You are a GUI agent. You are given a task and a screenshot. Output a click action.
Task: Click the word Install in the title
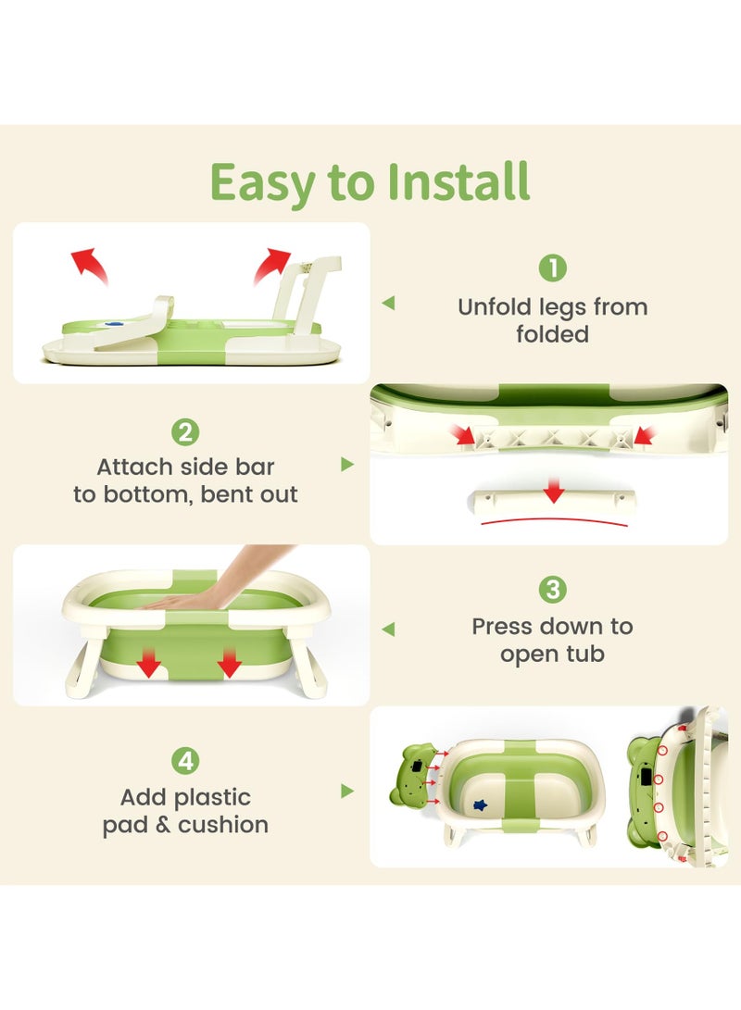coord(458,181)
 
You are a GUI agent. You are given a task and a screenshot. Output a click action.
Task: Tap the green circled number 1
coord(552,268)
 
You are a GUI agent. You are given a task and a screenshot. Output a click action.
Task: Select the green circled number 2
coord(185,432)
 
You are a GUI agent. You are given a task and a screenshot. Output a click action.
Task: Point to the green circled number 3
coord(552,590)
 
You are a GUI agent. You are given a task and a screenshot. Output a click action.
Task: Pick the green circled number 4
coord(185,761)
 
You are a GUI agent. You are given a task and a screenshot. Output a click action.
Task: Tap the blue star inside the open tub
coord(480,804)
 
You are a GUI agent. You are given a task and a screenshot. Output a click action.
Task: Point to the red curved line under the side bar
coord(554,520)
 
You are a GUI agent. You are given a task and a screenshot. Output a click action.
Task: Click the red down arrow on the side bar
coord(554,491)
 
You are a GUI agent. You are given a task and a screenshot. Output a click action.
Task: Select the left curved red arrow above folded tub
coord(88,264)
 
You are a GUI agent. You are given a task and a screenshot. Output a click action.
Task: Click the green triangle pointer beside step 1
coord(388,303)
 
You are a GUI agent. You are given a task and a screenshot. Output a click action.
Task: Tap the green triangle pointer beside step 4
coord(347,791)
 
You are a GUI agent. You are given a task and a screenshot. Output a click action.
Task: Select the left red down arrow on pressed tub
coord(149,663)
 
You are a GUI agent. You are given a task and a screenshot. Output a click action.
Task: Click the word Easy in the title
coord(261,183)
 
